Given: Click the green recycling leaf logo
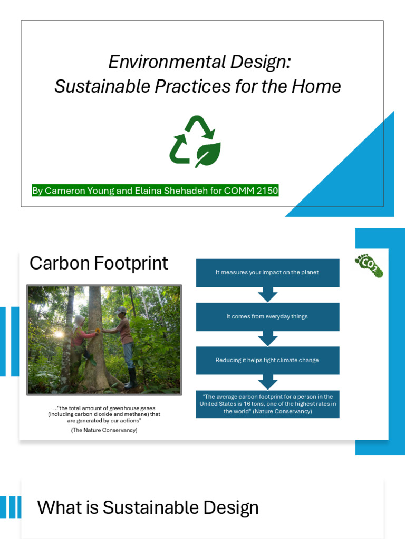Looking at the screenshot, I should click(195, 141).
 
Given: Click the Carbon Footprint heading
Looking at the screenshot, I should click(99, 263).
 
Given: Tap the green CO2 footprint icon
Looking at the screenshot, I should click(369, 265).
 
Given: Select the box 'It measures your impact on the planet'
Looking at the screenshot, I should click(267, 273).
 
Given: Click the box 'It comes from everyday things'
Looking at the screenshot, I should click(267, 316).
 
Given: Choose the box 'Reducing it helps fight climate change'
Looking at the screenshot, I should click(267, 360).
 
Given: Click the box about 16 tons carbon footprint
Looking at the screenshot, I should click(267, 404).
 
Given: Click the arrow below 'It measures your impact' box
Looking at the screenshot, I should click(267, 294).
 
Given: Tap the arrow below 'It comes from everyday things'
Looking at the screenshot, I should click(267, 338).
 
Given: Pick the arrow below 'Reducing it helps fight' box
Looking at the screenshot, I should click(267, 382).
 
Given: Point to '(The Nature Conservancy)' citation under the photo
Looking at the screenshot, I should click(104, 430).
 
